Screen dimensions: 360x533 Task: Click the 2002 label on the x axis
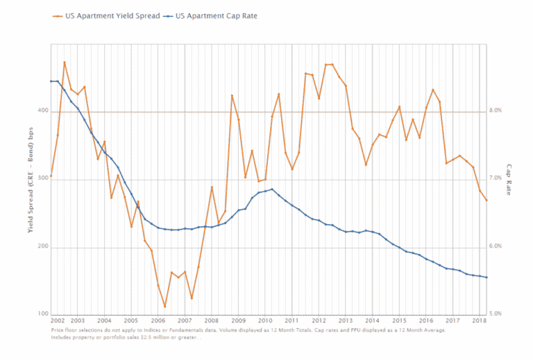coord(59,322)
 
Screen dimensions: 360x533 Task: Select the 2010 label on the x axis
coord(265,322)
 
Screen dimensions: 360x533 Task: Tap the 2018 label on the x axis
coord(479,322)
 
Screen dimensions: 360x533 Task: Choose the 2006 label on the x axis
coord(158,322)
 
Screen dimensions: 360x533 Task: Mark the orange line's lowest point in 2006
coord(164,307)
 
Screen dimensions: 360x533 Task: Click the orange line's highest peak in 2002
coord(65,62)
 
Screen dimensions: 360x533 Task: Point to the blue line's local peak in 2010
coord(272,189)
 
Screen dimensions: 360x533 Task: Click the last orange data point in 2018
coord(487,200)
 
